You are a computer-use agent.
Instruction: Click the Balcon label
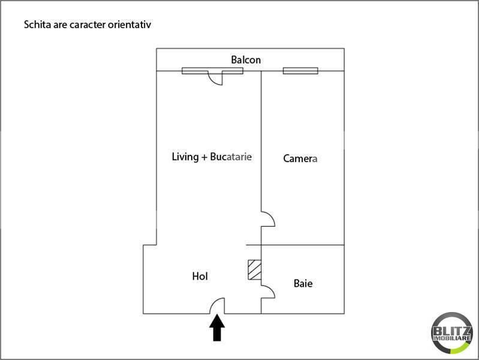(x=246, y=59)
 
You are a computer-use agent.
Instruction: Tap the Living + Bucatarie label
(x=212, y=157)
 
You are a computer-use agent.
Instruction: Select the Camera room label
(x=300, y=158)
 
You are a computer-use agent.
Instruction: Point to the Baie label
(x=303, y=283)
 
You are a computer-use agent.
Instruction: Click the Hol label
(x=200, y=276)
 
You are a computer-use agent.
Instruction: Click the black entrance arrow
(x=217, y=328)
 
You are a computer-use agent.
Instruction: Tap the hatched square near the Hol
(x=254, y=269)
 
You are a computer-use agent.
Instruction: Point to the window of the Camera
(x=300, y=71)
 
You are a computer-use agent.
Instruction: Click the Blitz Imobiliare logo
(x=452, y=333)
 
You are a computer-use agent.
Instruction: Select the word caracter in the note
(x=88, y=25)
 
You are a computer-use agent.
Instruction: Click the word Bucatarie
(x=231, y=157)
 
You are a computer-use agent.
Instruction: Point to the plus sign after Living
(x=204, y=158)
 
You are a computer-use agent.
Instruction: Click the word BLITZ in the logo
(x=452, y=331)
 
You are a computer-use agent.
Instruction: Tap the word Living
(x=185, y=157)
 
